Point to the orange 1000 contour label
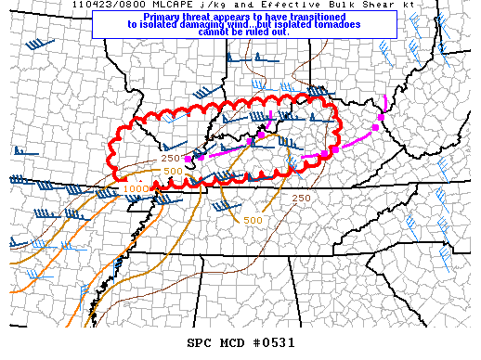point(136,188)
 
